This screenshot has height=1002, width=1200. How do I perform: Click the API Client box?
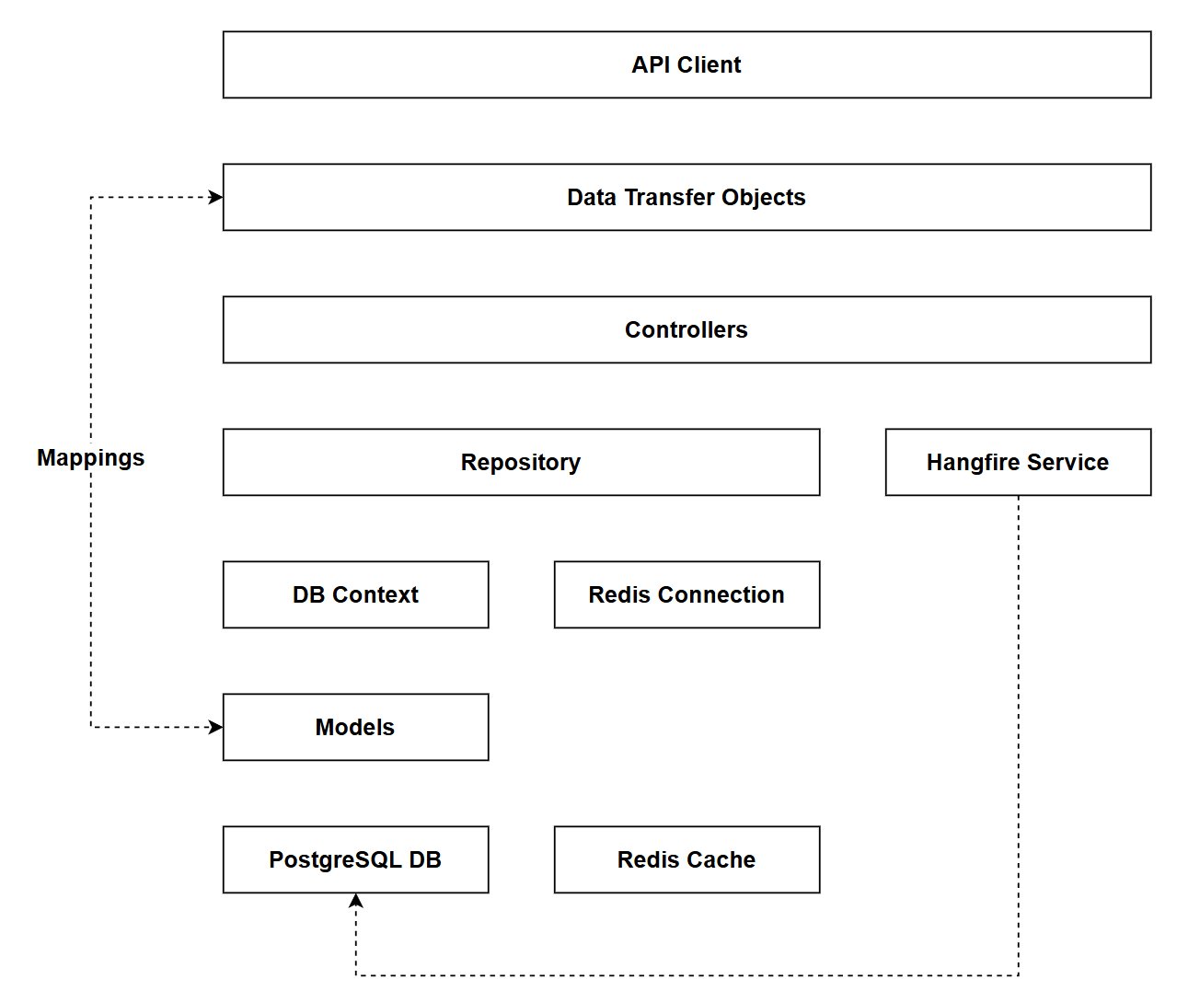click(687, 64)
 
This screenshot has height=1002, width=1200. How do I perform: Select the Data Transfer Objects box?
click(687, 197)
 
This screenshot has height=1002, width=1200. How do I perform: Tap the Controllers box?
click(687, 329)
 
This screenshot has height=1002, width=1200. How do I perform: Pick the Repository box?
click(521, 462)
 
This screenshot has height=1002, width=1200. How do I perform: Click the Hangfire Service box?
click(1018, 462)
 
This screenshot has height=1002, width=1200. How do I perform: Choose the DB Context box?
click(355, 594)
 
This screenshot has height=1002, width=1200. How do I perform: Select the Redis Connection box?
click(687, 594)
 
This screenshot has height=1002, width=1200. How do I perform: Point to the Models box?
click(355, 727)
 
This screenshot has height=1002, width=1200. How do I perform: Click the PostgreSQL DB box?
click(355, 859)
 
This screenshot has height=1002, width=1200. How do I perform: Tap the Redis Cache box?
click(687, 859)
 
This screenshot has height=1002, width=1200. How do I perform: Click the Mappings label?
click(91, 457)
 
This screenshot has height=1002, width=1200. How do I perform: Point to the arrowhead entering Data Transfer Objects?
click(216, 197)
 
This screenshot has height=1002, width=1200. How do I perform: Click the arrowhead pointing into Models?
click(216, 727)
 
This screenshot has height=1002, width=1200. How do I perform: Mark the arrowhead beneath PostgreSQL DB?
click(356, 901)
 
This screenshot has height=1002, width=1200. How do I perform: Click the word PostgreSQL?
click(335, 859)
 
